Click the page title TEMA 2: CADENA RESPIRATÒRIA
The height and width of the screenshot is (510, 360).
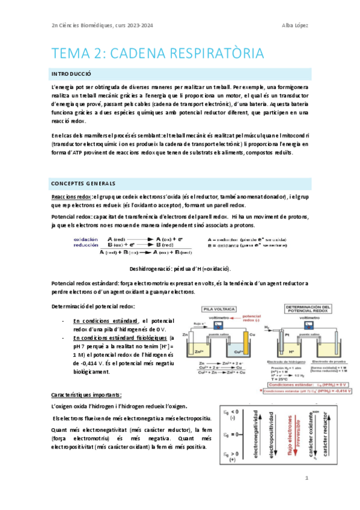point(158,54)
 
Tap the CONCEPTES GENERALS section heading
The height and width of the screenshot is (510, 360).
point(83,183)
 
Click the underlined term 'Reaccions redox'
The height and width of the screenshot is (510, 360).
point(72,197)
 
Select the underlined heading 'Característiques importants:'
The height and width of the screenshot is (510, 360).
point(87,394)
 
